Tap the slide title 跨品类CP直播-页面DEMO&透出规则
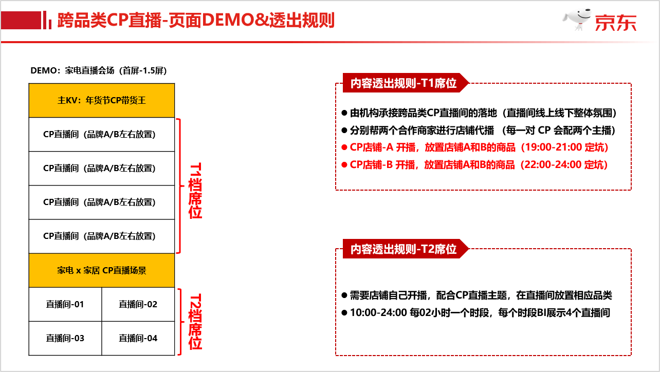[x=196, y=20]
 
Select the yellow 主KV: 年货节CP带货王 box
[x=102, y=100]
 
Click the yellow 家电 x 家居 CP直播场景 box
[x=102, y=270]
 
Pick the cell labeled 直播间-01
[x=65, y=304]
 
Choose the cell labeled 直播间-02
[x=138, y=304]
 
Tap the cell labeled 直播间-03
[x=65, y=338]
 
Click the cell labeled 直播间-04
[x=138, y=338]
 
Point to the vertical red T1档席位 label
[x=195, y=191]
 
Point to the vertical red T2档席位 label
[x=195, y=322]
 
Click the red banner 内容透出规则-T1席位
[x=404, y=83]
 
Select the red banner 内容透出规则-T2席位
[x=404, y=250]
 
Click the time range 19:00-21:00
[x=552, y=147]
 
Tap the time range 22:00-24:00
[x=552, y=165]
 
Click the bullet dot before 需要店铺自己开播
[x=344, y=295]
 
